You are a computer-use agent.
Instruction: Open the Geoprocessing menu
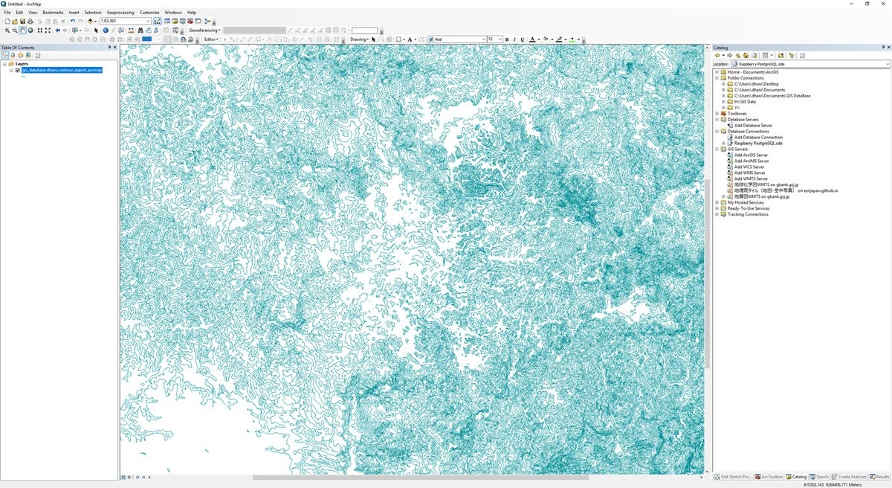[x=120, y=13]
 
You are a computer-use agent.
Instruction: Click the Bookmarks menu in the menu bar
[x=53, y=13]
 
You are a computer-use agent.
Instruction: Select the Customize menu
[x=149, y=13]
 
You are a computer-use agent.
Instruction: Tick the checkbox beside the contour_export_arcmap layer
[x=17, y=70]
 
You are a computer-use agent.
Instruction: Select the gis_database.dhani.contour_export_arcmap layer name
[x=62, y=70]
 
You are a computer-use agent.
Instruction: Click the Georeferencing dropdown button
[x=204, y=30]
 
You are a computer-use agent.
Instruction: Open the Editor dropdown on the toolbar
[x=212, y=39]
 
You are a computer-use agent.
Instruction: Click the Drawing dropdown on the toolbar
[x=360, y=39]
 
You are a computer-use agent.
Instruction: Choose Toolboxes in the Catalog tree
[x=738, y=114]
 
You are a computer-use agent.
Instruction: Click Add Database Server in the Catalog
[x=752, y=126]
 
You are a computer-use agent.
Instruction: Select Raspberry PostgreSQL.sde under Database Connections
[x=757, y=143]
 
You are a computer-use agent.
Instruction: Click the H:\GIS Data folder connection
[x=744, y=102]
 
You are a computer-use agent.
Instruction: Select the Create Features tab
[x=850, y=477]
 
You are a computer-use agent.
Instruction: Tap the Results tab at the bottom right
[x=880, y=477]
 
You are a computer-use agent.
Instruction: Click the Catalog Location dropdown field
[x=809, y=64]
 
